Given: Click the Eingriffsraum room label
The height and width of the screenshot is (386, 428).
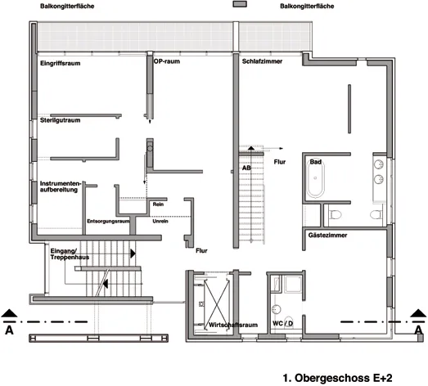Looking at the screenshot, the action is click(61, 64).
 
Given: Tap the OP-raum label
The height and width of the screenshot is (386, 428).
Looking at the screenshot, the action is click(167, 61).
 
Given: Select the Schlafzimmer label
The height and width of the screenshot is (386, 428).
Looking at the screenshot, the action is click(262, 61).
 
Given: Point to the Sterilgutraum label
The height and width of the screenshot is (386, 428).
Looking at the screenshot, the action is click(60, 120).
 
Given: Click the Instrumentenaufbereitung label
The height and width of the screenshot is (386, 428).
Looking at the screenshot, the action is click(61, 186).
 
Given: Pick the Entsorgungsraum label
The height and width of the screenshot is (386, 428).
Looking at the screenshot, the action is click(108, 222).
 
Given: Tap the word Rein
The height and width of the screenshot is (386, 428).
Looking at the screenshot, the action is click(158, 204).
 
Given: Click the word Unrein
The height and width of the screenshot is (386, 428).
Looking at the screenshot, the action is click(160, 222).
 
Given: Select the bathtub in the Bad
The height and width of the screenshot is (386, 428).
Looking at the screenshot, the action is click(315, 178).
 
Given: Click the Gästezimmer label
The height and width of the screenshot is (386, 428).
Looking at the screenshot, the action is click(327, 236).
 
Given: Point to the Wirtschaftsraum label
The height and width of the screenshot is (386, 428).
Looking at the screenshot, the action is click(233, 325).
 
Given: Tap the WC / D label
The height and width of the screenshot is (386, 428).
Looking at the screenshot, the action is click(283, 324).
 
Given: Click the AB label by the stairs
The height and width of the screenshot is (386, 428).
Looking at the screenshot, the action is click(246, 168).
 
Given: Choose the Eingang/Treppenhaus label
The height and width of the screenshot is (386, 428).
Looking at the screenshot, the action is click(70, 254).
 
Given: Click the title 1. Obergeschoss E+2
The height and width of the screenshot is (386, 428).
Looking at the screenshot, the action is click(337, 378).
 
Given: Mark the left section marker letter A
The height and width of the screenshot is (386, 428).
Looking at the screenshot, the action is click(9, 330).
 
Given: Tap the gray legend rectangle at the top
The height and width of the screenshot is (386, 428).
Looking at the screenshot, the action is click(240, 4).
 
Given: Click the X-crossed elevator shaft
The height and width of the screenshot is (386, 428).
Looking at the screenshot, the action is click(217, 302).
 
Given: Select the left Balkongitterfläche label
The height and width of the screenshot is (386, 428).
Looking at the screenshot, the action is click(67, 6).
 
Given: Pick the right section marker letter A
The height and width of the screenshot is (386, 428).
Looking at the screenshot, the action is click(418, 330).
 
